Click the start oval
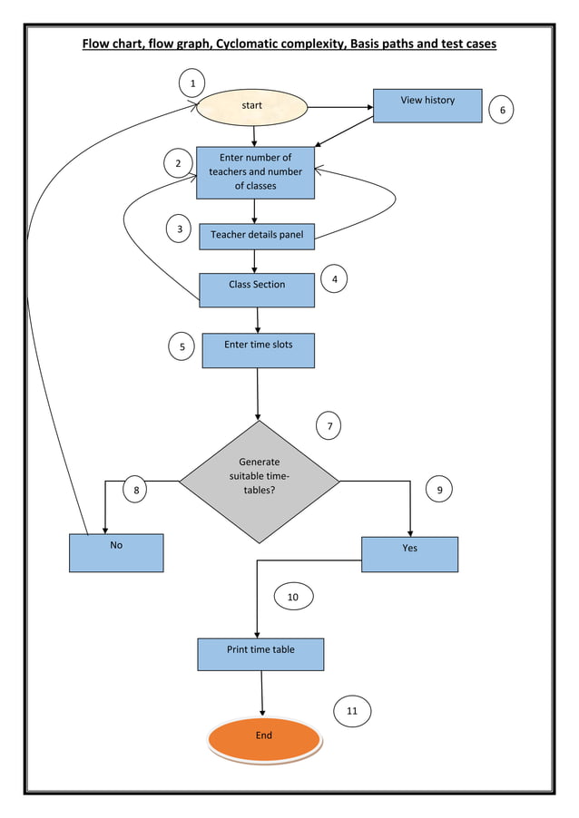[x=252, y=107]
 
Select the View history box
[x=427, y=105]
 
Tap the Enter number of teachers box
[x=255, y=172]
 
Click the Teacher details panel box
[x=257, y=236]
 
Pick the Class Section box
[x=256, y=289]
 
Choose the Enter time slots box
[x=258, y=350]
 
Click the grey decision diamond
[x=260, y=481]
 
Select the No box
[x=116, y=552]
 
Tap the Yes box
[x=409, y=554]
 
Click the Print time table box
[x=260, y=654]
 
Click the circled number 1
[x=191, y=84]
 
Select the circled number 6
[x=502, y=111]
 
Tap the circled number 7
[x=329, y=425]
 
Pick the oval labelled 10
[x=292, y=597]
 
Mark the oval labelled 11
[x=352, y=712]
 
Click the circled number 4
[x=335, y=279]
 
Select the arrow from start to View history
[x=340, y=107]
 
